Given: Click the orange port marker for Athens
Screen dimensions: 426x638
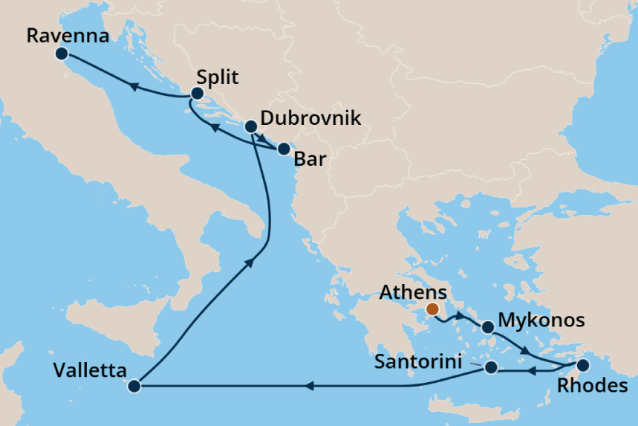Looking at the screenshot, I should (432, 309).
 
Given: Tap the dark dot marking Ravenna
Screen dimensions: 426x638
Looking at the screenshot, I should (62, 54).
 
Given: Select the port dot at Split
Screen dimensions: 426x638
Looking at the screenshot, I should (198, 94).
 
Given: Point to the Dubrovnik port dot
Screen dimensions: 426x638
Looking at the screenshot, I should (251, 126).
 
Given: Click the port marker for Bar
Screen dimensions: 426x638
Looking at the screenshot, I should (283, 149).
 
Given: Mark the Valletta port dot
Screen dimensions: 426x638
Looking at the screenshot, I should (134, 386).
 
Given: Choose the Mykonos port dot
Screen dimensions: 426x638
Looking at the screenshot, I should (487, 327).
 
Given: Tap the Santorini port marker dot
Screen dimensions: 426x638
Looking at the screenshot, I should (490, 367).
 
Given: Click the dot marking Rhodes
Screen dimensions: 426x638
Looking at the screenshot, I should (583, 365).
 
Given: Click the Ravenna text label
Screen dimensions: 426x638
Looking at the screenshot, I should (57, 35).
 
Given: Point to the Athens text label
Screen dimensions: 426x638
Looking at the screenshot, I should (413, 292).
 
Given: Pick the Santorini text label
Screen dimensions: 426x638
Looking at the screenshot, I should (421, 362).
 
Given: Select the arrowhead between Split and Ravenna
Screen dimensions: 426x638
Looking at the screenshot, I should (136, 88).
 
